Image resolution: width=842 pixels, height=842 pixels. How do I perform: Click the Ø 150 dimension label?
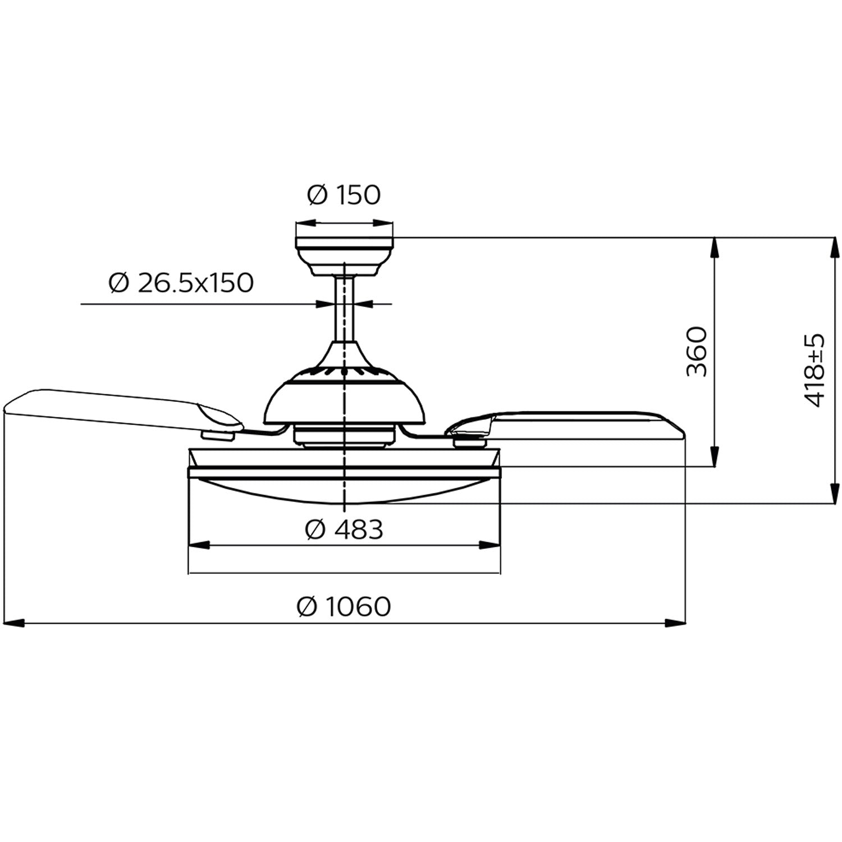coord(344,195)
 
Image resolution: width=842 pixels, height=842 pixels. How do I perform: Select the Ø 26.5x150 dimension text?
coord(181,283)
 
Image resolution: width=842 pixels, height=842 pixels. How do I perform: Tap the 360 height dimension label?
coord(697,352)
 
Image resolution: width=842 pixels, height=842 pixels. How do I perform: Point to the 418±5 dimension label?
coord(814,370)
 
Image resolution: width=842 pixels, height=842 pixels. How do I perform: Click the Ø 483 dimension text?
coord(344,529)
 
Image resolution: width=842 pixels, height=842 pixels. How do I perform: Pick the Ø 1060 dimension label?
coord(344,606)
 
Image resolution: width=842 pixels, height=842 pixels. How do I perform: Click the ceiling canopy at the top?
coord(344,255)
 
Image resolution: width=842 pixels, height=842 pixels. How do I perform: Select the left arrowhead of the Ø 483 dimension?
coord(199,545)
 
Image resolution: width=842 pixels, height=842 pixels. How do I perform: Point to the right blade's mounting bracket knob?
coord(469,442)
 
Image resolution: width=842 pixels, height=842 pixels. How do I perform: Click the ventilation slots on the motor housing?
coord(344,372)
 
